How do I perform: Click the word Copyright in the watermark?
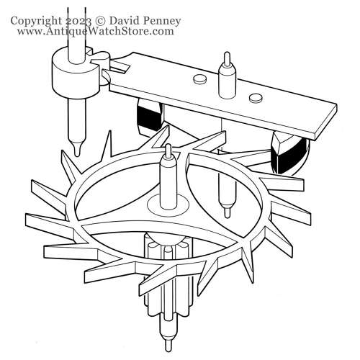[x=35, y=21]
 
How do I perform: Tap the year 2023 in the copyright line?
[x=78, y=21]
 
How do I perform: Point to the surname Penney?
[x=161, y=22]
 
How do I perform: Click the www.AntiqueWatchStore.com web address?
[x=96, y=31]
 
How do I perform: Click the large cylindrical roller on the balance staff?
[x=75, y=73]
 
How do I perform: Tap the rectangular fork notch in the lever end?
[x=120, y=67]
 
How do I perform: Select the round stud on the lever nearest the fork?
[x=200, y=79]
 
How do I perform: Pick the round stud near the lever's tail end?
[x=256, y=97]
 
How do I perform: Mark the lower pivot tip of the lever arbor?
[x=227, y=212]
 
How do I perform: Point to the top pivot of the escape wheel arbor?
[x=168, y=150]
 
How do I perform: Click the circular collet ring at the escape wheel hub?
[x=168, y=205]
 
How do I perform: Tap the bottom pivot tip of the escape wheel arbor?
[x=168, y=345]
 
